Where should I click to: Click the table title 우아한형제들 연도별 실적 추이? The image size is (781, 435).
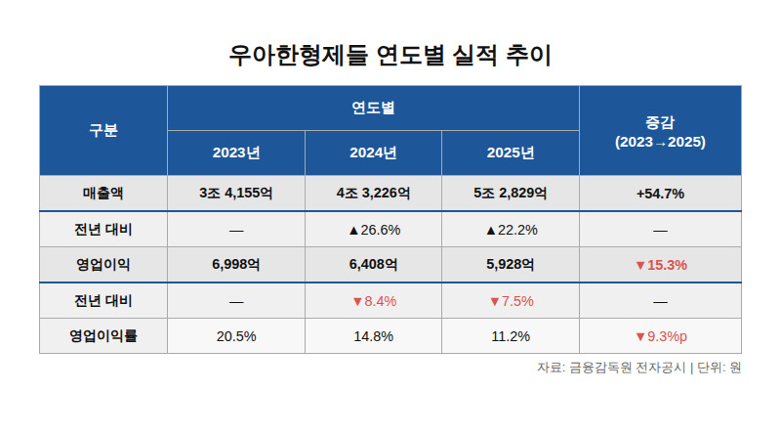(390, 55)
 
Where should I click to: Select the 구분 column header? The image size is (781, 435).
(103, 130)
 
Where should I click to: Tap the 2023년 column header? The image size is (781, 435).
(236, 152)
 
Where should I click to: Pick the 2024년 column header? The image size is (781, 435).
(373, 152)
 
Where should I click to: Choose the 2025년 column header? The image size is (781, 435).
(511, 152)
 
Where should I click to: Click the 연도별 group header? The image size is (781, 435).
(373, 108)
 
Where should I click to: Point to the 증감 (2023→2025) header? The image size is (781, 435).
(660, 132)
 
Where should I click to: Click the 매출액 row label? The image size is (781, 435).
(103, 193)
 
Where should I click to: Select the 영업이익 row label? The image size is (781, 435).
(103, 264)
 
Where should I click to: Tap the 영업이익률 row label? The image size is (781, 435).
(103, 335)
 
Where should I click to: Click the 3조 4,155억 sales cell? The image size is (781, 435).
(236, 193)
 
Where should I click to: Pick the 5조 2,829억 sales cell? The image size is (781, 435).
(511, 193)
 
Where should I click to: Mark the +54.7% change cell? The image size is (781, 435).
(660, 194)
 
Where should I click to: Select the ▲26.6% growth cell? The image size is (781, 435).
(375, 230)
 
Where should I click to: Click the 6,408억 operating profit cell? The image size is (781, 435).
(373, 264)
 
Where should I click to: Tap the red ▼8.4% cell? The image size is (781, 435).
(375, 301)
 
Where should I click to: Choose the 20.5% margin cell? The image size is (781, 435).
(236, 336)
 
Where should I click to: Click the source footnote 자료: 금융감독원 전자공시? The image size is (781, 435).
(611, 368)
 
